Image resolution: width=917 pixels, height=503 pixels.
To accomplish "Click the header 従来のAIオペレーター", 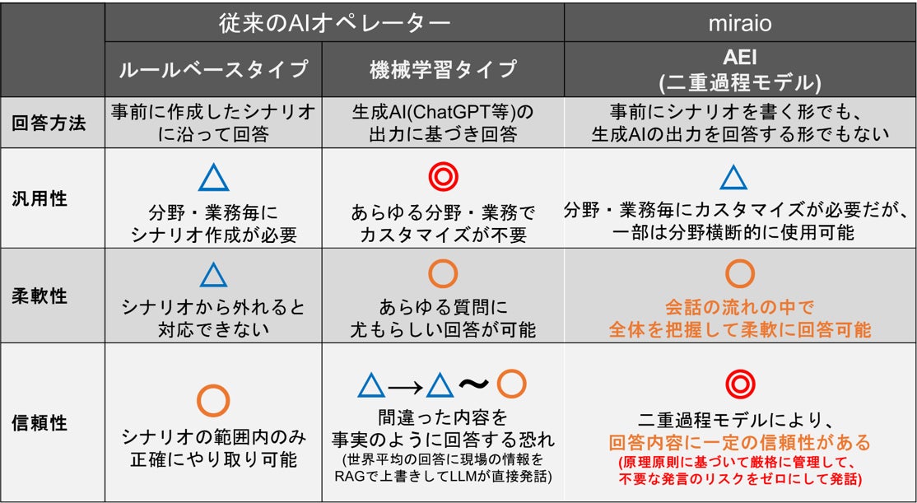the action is [333, 22].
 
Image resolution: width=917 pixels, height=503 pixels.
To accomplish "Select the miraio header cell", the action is [740, 22].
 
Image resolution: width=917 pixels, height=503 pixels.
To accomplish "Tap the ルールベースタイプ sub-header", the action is [214, 68].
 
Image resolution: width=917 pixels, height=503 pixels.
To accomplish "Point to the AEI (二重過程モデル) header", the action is [740, 68].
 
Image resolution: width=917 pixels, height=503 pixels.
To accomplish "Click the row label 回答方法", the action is [53, 123].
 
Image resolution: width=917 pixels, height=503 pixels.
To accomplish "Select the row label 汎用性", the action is [53, 198].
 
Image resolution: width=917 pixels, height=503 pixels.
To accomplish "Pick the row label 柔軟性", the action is [53, 295].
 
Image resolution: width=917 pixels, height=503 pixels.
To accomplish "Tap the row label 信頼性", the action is [53, 423].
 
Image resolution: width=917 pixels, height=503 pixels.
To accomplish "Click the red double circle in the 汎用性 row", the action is [444, 177].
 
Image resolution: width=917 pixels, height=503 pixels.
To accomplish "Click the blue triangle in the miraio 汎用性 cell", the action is [733, 178].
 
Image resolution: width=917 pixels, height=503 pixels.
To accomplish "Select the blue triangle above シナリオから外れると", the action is [213, 275].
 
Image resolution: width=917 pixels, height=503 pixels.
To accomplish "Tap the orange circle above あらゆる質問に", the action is [444, 274].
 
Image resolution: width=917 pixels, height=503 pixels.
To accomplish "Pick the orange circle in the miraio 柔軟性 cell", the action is [739, 273].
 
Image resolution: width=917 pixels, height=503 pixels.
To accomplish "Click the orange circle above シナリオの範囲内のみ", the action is [214, 400].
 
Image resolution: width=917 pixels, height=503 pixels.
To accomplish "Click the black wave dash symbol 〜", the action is [475, 384].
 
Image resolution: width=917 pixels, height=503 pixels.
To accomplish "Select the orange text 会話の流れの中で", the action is [739, 307].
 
